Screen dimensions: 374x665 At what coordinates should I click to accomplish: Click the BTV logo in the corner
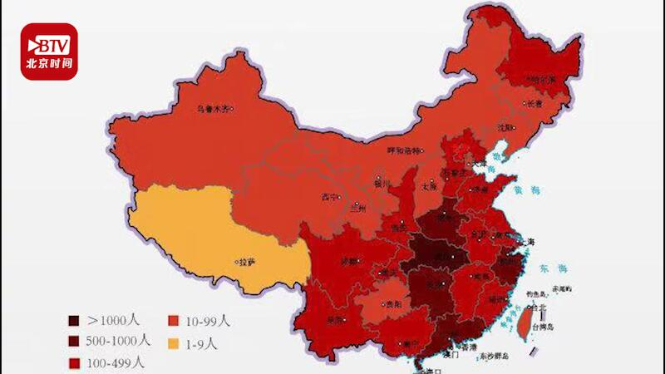click(49, 51)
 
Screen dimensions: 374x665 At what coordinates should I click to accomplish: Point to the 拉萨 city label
click(246, 261)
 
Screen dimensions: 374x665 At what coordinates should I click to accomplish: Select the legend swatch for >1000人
click(74, 321)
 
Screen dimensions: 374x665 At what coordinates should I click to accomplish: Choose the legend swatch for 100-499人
click(74, 362)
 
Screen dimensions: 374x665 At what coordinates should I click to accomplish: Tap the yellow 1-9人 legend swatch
click(175, 342)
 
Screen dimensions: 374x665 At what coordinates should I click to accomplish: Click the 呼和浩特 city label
click(409, 150)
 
